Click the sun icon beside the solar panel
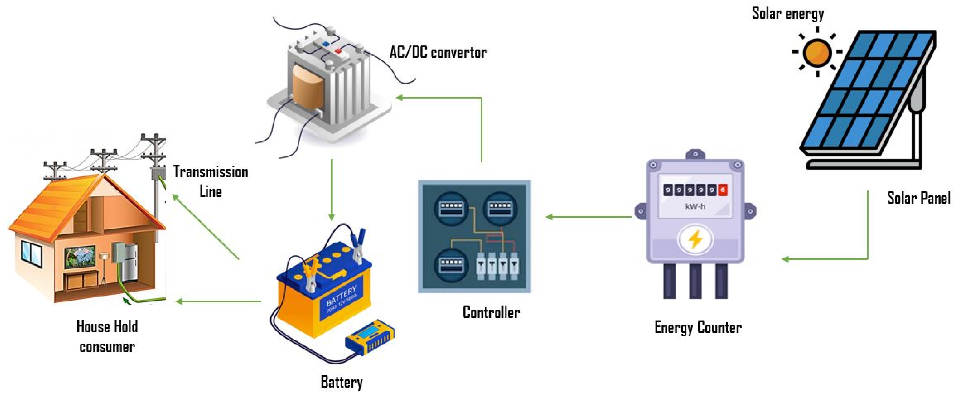tap(817, 52)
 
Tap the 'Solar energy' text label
tap(788, 14)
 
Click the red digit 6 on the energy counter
tap(722, 190)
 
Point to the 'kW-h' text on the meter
tap(695, 207)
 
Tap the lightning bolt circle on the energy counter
tap(695, 239)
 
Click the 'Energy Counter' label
tap(698, 328)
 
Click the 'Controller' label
tap(491, 312)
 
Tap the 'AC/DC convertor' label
tap(438, 53)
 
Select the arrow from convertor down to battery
tap(331, 189)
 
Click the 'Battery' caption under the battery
tap(341, 382)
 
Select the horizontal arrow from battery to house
tap(219, 301)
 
